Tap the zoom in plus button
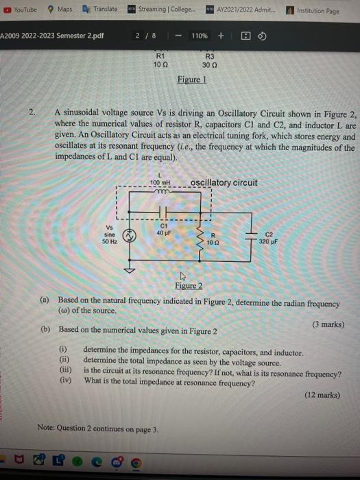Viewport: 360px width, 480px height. coord(221,36)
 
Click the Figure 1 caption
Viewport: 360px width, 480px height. coord(192,80)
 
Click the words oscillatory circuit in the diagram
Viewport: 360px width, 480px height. coord(224,182)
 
